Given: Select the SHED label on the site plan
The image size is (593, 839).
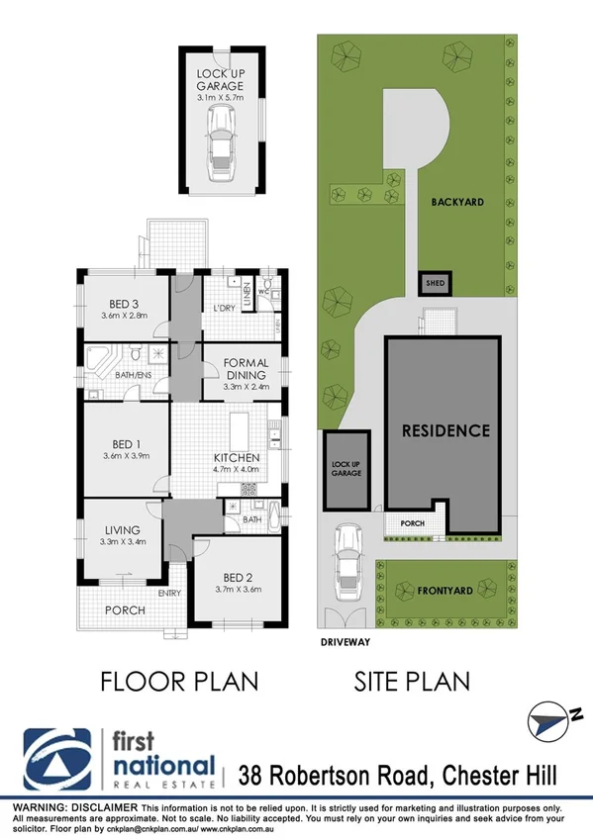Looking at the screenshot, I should [x=435, y=283].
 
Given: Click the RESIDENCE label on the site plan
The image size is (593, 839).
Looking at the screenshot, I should [x=445, y=430].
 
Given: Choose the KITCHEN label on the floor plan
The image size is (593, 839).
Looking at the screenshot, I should [x=238, y=458].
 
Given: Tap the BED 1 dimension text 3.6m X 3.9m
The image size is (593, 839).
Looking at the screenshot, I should [x=126, y=456].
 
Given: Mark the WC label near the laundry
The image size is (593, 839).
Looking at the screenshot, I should [x=263, y=292].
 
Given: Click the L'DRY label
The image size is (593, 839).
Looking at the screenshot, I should [x=224, y=310].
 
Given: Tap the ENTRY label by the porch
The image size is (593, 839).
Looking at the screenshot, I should [x=169, y=594].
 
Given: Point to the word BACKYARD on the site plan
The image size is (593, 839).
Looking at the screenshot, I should [x=456, y=202].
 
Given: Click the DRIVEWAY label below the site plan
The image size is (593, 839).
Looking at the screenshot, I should [x=345, y=641].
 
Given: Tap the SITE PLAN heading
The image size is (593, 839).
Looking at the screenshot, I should [x=412, y=682].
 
